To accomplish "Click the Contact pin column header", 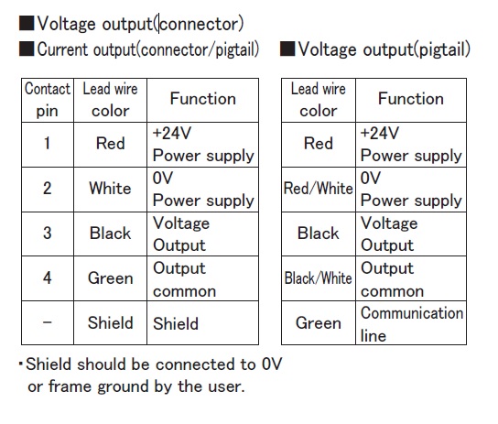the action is coord(48,100).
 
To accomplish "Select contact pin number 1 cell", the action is coord(48,145).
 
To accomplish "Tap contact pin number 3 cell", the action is coord(48,234).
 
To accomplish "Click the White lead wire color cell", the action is coord(110,190).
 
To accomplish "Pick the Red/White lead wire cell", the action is coord(319,190).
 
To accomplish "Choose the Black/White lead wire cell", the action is coord(319,278).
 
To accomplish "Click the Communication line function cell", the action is coord(411,323).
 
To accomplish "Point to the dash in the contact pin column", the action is coord(48,322).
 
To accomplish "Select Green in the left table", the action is coord(110,278).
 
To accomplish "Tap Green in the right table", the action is coord(319,323).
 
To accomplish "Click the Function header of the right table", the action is coord(411,100).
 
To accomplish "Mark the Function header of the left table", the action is coord(202,100).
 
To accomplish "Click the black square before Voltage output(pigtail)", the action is coord(287,49).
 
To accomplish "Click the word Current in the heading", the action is coord(62,49).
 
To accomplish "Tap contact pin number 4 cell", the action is coord(48,278).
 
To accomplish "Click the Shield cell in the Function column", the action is coord(202,323).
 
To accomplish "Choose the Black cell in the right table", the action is coord(319,234).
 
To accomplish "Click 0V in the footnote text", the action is coord(272,364).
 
